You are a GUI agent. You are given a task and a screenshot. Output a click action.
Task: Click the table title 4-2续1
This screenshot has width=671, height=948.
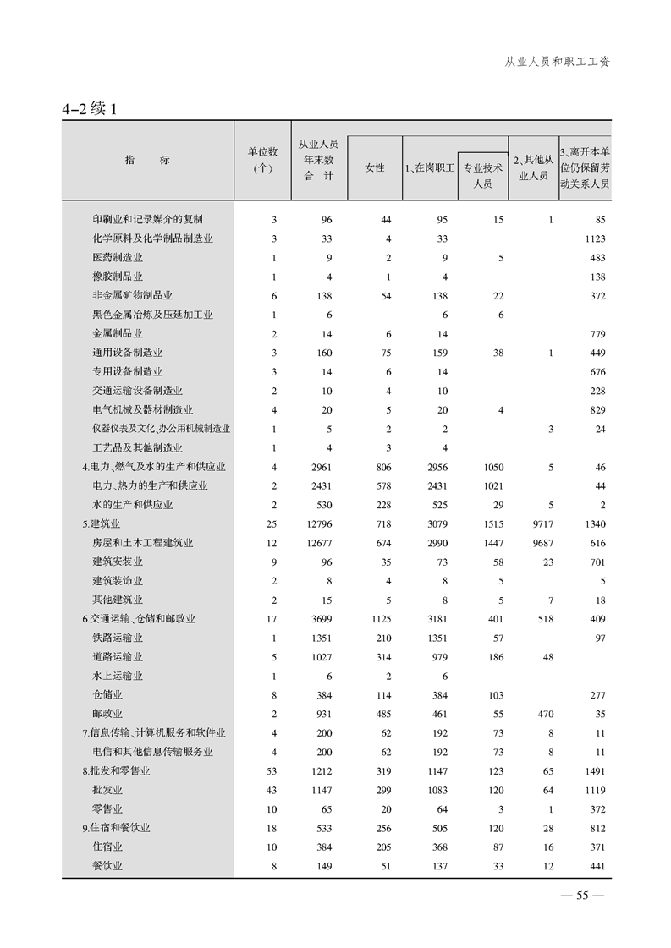(x=93, y=109)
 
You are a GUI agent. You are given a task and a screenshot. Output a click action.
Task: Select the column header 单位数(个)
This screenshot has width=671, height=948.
(x=262, y=160)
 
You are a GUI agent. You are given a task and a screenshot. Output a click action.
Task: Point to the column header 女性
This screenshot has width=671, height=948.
(x=374, y=167)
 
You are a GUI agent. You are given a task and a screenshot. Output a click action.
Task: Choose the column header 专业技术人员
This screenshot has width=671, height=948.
(x=482, y=175)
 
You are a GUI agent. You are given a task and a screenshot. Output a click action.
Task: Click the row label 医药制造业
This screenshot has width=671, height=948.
(x=118, y=257)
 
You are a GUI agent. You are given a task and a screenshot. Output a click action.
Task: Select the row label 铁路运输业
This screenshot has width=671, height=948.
(x=118, y=638)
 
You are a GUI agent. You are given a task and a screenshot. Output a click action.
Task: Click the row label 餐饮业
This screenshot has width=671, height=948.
(x=107, y=865)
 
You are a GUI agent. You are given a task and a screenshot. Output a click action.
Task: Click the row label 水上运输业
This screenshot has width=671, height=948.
(x=118, y=676)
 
